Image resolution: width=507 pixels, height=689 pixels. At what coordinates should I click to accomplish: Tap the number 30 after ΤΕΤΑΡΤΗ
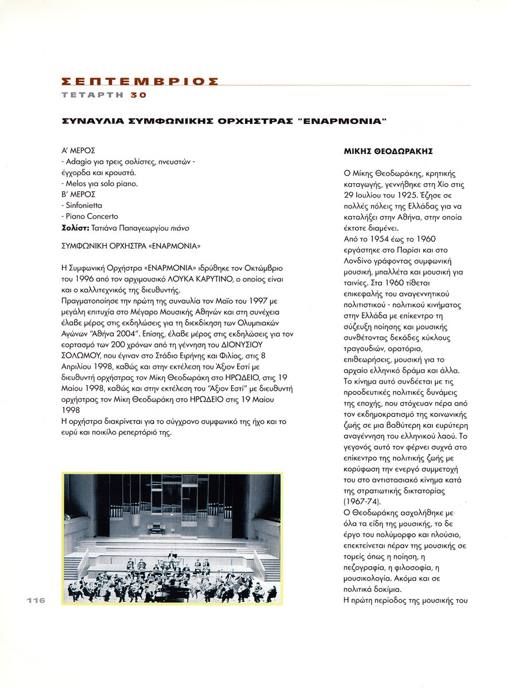[138, 95]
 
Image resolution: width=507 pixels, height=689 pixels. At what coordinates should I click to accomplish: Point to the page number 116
[35, 600]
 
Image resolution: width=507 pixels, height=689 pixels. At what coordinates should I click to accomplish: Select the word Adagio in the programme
[78, 162]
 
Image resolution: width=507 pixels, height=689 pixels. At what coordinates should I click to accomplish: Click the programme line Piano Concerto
[91, 216]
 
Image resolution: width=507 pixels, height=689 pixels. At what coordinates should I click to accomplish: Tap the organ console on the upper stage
[156, 529]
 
